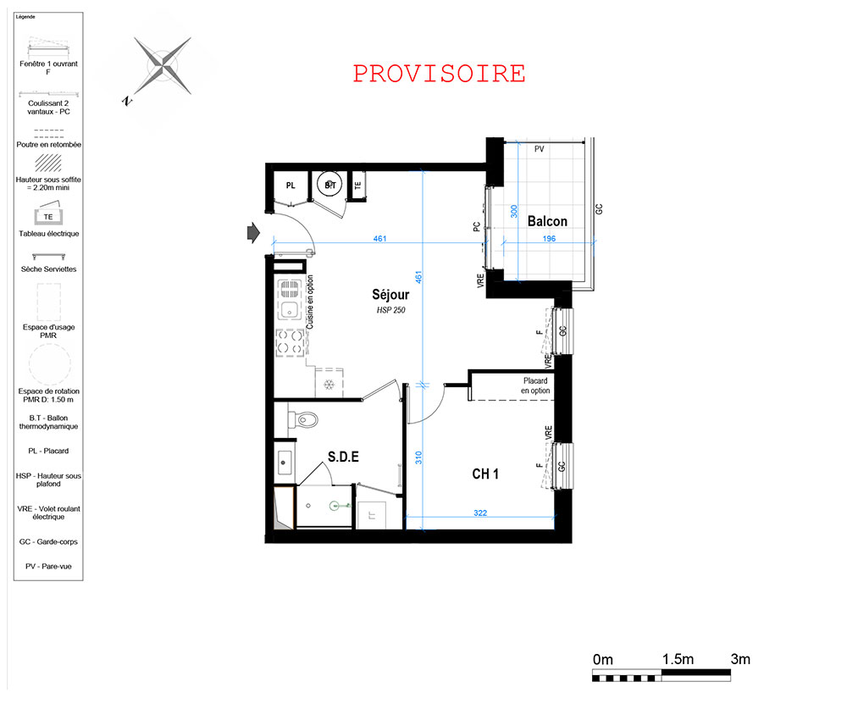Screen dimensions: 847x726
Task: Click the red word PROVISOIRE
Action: pyautogui.click(x=439, y=74)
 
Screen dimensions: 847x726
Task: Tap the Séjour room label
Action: pyautogui.click(x=390, y=295)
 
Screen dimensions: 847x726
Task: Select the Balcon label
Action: pyautogui.click(x=547, y=221)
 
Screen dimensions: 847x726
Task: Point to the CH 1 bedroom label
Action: pyautogui.click(x=485, y=474)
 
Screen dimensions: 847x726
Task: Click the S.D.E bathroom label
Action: pyautogui.click(x=343, y=457)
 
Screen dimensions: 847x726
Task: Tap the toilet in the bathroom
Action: pyautogui.click(x=302, y=419)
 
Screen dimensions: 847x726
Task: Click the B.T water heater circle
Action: pyautogui.click(x=329, y=186)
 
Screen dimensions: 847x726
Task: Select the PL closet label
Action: pyautogui.click(x=291, y=186)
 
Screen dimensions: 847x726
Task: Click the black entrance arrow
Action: pyautogui.click(x=253, y=233)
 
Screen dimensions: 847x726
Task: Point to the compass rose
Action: pyautogui.click(x=162, y=66)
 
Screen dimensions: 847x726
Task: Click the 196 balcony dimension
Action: pyautogui.click(x=549, y=239)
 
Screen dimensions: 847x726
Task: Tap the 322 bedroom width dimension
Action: pyautogui.click(x=480, y=513)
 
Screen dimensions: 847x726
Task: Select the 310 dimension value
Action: pyautogui.click(x=418, y=458)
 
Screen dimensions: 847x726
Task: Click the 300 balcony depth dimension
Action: pyautogui.click(x=514, y=211)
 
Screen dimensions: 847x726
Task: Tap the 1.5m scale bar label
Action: pyautogui.click(x=678, y=660)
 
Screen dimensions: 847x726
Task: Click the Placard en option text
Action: pyautogui.click(x=535, y=385)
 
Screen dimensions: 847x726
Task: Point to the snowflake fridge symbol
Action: pyautogui.click(x=329, y=385)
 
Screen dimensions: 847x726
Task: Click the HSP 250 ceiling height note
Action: pyautogui.click(x=390, y=310)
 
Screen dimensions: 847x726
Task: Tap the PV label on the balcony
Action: pyautogui.click(x=539, y=149)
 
